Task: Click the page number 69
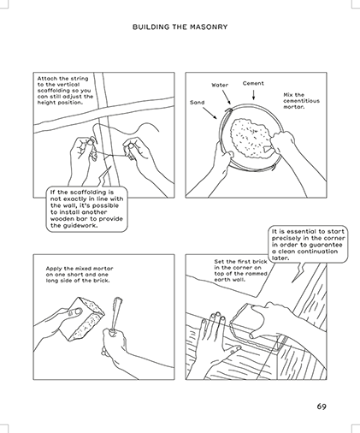click(322, 406)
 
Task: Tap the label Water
click(220, 85)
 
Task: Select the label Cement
click(253, 83)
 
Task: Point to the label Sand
click(198, 102)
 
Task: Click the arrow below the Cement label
click(253, 95)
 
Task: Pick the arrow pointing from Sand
click(210, 113)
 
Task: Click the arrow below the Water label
click(227, 98)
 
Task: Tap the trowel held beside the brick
click(116, 314)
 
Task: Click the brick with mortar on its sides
click(82, 319)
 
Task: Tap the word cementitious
click(301, 101)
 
